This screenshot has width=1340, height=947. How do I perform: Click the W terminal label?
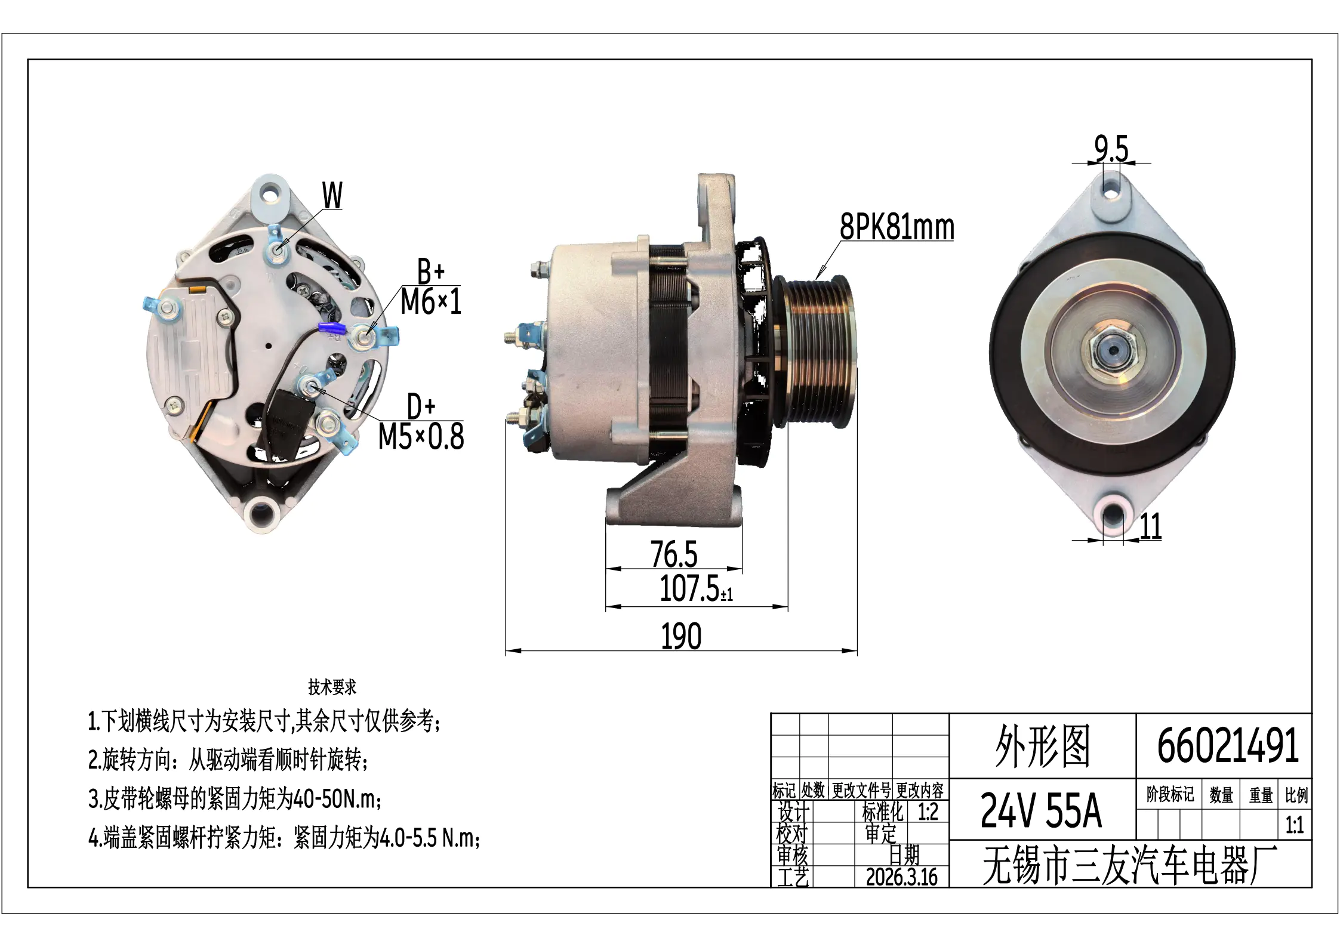332,195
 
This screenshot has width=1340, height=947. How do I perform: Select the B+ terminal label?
431,272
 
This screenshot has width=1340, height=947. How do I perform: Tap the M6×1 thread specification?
431,301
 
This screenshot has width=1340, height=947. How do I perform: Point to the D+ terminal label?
421,406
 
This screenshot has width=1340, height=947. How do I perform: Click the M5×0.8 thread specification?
421,436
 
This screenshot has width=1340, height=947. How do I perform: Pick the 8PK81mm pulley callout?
897,227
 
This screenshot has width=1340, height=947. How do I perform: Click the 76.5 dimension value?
674,554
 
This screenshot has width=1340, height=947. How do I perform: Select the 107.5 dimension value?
696,589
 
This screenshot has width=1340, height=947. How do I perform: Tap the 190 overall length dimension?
681,636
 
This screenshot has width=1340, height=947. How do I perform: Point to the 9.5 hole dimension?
1111,148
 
